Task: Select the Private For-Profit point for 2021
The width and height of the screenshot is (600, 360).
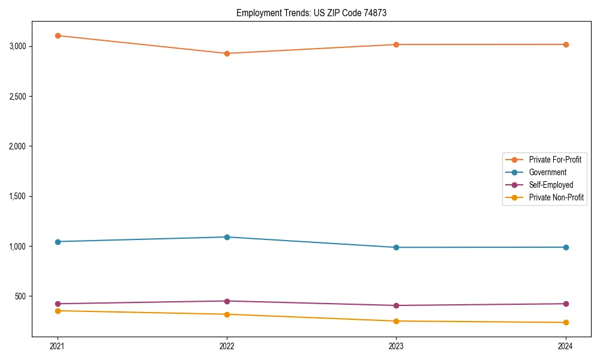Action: tap(58, 35)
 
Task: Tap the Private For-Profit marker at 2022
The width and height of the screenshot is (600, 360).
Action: tap(227, 53)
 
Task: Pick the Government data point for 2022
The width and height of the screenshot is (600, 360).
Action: tap(227, 237)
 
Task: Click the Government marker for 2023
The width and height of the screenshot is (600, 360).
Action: tap(396, 247)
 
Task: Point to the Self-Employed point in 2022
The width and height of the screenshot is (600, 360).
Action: tap(227, 301)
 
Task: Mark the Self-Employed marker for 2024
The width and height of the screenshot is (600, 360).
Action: tap(566, 304)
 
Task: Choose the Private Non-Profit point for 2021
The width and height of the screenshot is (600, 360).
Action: tap(58, 311)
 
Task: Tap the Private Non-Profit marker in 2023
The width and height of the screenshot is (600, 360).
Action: tap(396, 321)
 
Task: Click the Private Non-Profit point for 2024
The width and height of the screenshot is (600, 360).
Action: tap(566, 323)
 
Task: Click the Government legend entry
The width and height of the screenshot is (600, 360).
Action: tap(547, 172)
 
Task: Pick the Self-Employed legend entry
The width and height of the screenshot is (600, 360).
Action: tap(551, 185)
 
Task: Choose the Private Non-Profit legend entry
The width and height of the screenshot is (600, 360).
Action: tap(556, 197)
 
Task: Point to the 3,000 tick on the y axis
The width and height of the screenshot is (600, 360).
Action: tap(17, 46)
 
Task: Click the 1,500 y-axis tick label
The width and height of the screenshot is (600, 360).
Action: tap(17, 196)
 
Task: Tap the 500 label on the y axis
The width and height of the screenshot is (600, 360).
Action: tap(20, 296)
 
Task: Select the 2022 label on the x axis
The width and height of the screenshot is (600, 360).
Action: tap(227, 346)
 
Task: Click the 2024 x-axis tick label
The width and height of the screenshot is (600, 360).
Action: tap(566, 346)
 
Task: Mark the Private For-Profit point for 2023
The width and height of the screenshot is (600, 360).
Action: tap(396, 44)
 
